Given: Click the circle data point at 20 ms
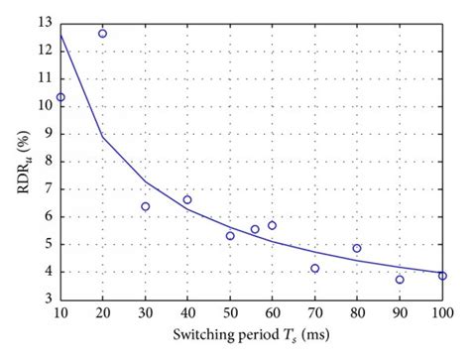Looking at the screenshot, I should (102, 34).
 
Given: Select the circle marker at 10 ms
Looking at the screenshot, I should (60, 97).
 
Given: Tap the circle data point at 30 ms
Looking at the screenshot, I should (146, 206).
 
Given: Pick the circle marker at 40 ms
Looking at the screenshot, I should (187, 199).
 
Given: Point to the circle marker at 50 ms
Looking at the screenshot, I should (230, 235).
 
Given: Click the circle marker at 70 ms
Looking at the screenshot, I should (315, 268).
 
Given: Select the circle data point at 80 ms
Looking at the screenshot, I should (357, 248).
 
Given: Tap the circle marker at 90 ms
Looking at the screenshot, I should (400, 280).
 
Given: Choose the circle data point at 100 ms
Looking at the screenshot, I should (442, 276).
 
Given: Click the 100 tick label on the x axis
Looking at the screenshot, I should (441, 313).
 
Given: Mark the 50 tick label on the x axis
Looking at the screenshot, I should (230, 313).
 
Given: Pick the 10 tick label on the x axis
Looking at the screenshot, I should (60, 313).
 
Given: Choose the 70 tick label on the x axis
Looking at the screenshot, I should (315, 313).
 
